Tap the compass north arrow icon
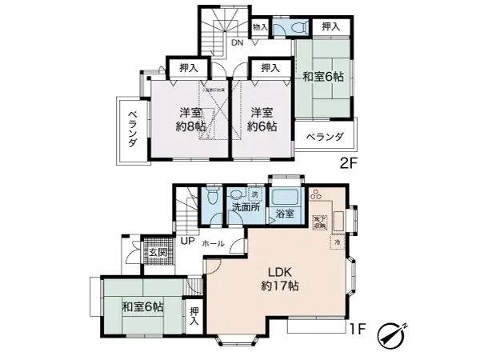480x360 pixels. click(x=394, y=333)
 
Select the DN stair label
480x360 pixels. click(x=238, y=42)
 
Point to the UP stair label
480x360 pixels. click(x=187, y=242)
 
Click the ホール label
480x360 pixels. click(x=213, y=242)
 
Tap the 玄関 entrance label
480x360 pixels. click(x=157, y=253)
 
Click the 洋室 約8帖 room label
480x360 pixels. click(x=190, y=119)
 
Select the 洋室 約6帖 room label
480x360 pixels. click(x=261, y=119)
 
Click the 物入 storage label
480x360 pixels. click(x=260, y=27)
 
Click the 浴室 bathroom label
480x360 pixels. click(x=284, y=214)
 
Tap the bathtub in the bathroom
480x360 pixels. click(x=284, y=196)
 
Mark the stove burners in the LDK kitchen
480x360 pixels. click(x=316, y=195)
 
